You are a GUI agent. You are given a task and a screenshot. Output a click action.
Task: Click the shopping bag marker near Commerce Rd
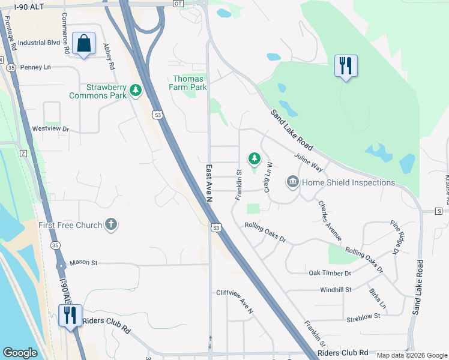(83, 44)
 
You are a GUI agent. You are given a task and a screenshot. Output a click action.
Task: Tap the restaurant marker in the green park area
(346, 65)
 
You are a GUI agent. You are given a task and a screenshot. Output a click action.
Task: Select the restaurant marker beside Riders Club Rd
(70, 315)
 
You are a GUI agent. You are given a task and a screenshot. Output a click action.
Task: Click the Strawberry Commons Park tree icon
(136, 91)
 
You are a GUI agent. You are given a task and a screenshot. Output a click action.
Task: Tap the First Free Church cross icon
(110, 225)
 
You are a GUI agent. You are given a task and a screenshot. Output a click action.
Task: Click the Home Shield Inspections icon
(293, 181)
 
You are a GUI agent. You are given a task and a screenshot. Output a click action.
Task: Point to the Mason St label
(83, 263)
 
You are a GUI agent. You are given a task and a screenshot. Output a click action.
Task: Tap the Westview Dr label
(50, 128)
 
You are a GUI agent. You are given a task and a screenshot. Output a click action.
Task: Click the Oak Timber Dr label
(330, 273)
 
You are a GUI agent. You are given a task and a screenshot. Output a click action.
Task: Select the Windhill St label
(336, 290)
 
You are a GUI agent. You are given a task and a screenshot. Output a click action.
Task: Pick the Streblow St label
(363, 316)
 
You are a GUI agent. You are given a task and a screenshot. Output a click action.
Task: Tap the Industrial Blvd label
(39, 43)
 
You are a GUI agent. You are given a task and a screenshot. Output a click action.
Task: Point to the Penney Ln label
(35, 67)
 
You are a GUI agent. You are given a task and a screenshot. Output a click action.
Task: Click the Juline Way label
(309, 162)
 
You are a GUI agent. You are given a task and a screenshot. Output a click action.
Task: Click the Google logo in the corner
(20, 352)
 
